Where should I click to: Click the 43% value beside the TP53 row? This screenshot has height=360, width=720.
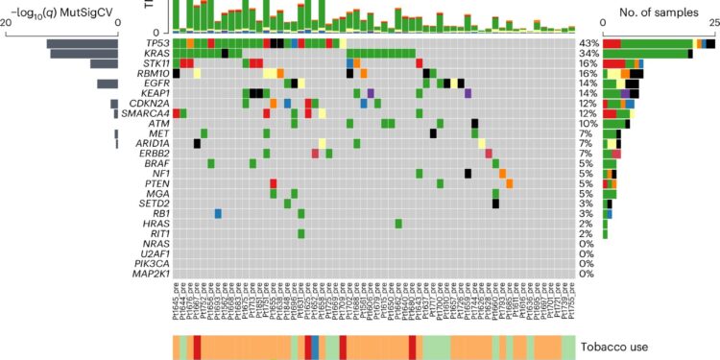[x=588, y=43]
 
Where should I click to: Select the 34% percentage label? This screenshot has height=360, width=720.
[x=588, y=54]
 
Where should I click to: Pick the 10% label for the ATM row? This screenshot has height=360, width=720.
[x=588, y=123]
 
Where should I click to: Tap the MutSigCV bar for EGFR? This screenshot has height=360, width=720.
[x=107, y=84]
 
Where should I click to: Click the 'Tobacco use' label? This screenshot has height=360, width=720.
[x=628, y=347]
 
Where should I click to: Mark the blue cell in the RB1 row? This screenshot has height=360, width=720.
[x=218, y=213]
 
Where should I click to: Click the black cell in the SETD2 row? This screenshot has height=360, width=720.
[x=495, y=203]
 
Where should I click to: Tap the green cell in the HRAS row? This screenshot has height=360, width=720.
[x=398, y=223]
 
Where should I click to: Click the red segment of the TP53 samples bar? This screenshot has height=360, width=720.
[x=612, y=43]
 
